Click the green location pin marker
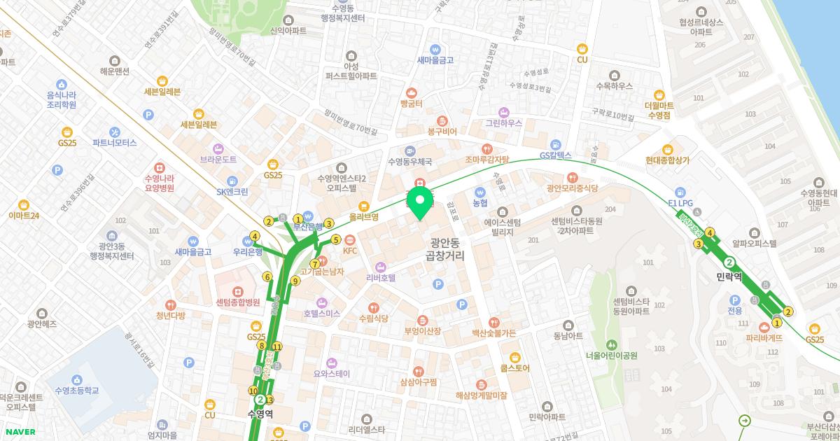[x=420, y=203]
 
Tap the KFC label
[x=350, y=251]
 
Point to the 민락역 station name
[x=729, y=277]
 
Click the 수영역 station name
[x=260, y=414]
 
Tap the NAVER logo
[x=18, y=432]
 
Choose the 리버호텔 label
[x=381, y=277]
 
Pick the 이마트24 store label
[x=24, y=215]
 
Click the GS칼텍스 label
[x=556, y=155]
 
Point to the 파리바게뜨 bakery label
[x=764, y=337]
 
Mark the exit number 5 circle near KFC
[x=336, y=239]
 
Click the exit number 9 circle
[x=295, y=281]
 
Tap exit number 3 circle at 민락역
[x=698, y=244]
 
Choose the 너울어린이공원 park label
[x=612, y=355]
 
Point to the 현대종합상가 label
[x=668, y=160]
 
